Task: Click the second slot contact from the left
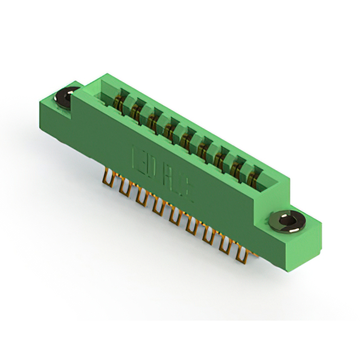click(x=136, y=112)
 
